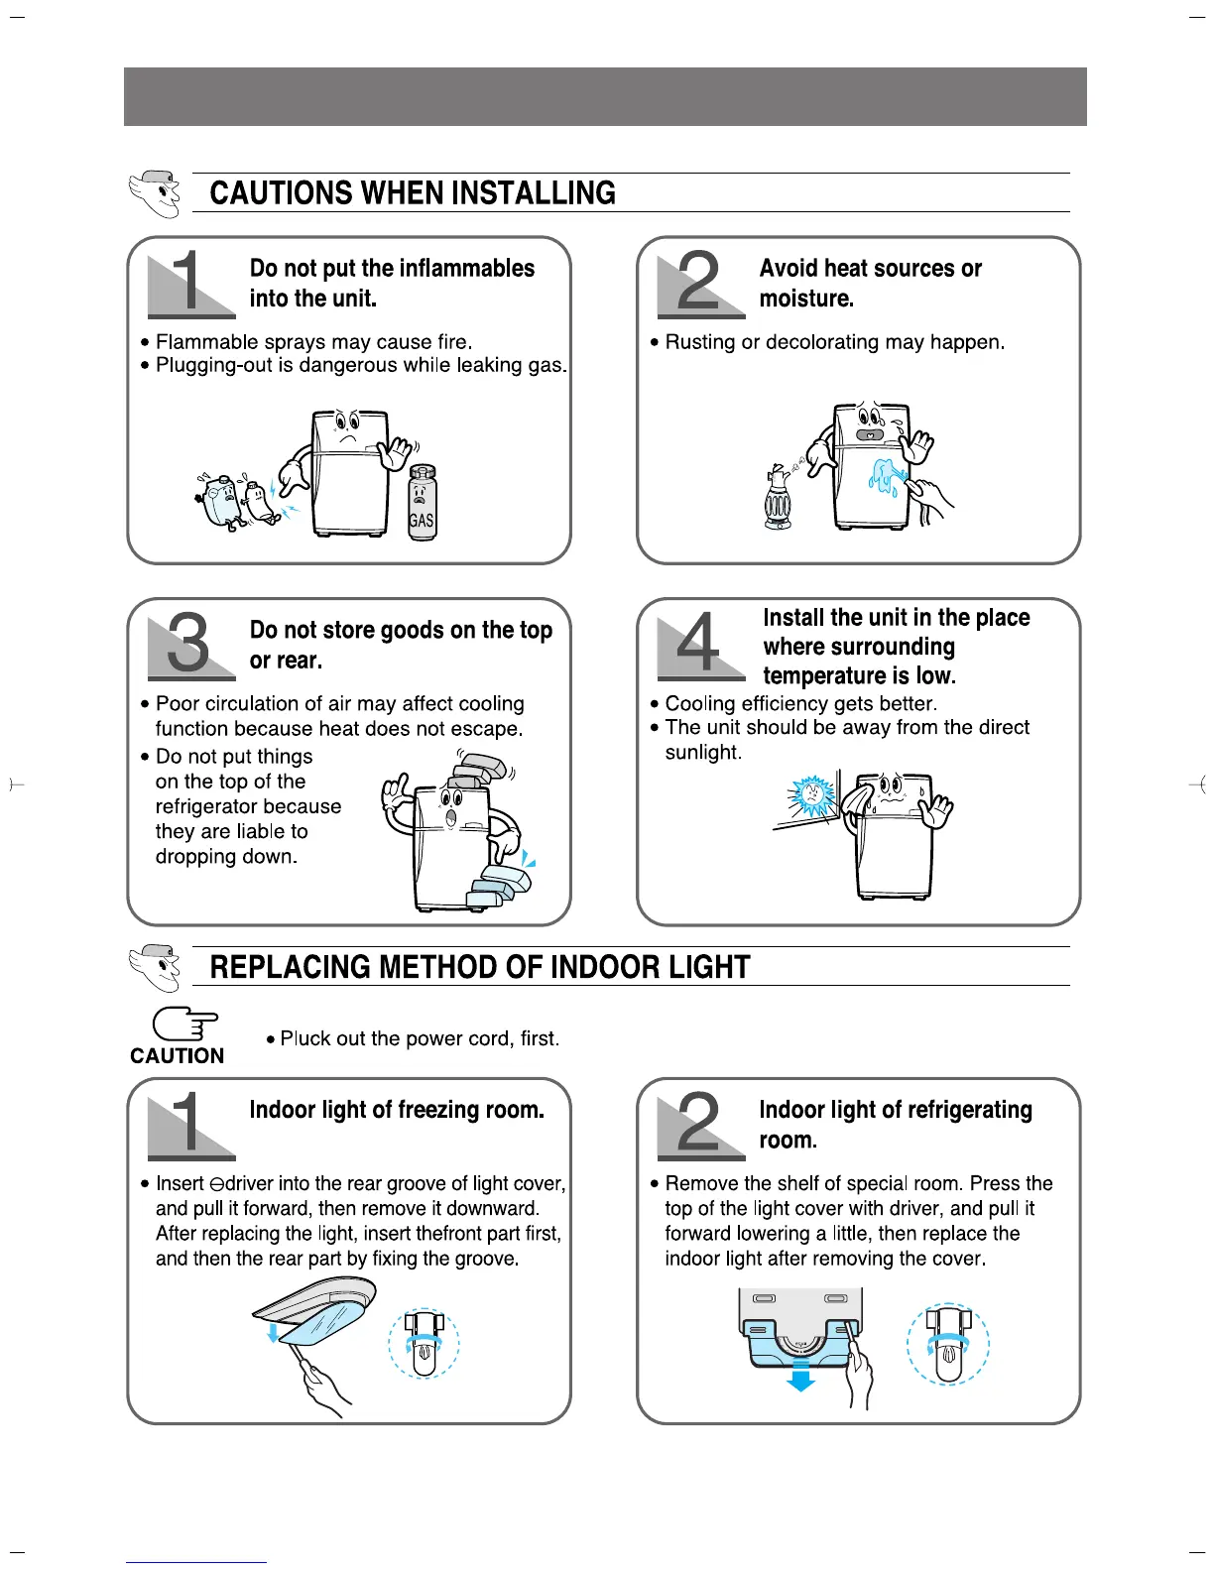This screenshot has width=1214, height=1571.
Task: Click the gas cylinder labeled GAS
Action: click(x=422, y=504)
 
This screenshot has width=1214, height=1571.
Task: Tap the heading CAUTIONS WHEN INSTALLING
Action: click(x=413, y=192)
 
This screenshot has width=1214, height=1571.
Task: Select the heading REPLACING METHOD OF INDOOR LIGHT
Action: click(x=480, y=966)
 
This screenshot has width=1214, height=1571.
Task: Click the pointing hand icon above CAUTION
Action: click(x=184, y=1025)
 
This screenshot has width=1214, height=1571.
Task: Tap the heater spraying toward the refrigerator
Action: click(x=778, y=496)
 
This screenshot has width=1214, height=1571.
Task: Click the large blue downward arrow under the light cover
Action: click(x=800, y=1376)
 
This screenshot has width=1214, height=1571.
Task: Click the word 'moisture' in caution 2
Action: click(x=805, y=299)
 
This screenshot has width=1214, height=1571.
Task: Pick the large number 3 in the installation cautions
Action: click(x=188, y=643)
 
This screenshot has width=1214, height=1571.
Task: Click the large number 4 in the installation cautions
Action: click(x=698, y=643)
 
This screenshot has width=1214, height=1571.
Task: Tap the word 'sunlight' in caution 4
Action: click(x=702, y=752)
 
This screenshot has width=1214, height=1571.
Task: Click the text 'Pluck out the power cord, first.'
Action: click(x=420, y=1038)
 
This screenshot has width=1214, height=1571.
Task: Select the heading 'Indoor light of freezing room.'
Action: click(x=397, y=1110)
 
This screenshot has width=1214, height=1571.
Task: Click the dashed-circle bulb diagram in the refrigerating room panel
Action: click(x=948, y=1344)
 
